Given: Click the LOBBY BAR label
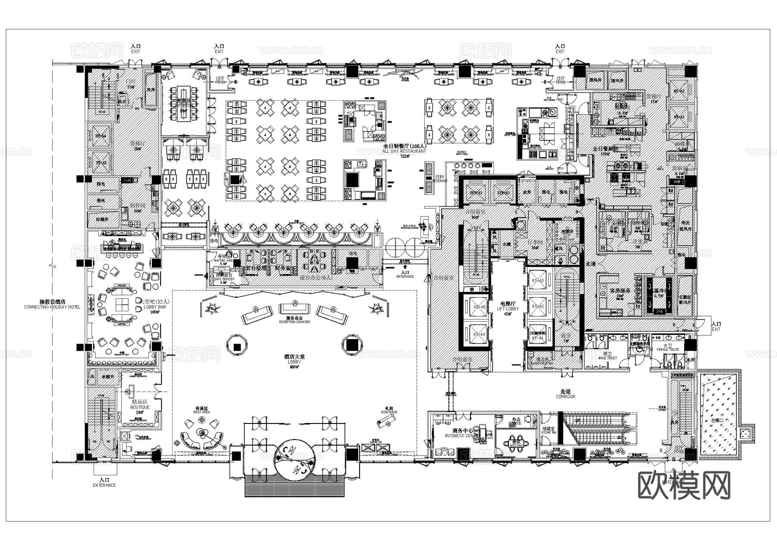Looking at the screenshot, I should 155,307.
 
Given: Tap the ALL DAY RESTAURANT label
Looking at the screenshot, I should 404,152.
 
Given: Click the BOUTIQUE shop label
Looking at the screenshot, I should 140,407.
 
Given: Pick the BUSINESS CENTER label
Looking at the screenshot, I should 460,436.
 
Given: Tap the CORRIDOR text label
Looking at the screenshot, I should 565,396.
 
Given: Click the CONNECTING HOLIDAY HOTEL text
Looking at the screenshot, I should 52,307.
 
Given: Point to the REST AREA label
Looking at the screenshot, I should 202,412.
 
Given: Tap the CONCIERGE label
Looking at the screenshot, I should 388,412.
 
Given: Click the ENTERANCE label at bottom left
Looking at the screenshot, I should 104,485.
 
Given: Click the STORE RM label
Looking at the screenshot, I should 548,432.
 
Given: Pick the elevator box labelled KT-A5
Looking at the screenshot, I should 475,307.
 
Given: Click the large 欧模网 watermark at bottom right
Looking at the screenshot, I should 684,485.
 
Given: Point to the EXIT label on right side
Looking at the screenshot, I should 716,329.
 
